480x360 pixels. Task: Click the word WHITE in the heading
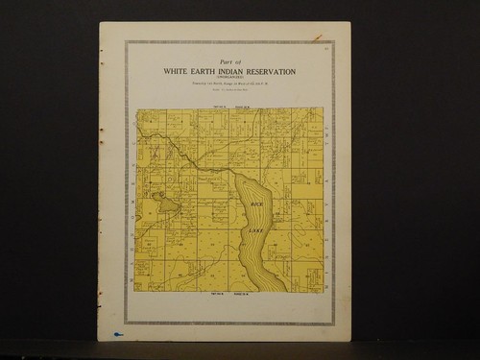(x=180, y=72)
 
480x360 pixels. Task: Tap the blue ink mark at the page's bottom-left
(x=117, y=334)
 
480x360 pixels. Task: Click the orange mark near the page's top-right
(x=317, y=36)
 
